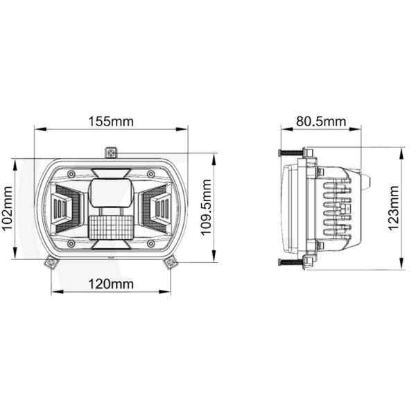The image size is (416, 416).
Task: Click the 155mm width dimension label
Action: [111, 121]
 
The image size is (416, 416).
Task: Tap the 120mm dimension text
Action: [111, 284]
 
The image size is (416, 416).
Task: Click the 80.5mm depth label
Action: [320, 121]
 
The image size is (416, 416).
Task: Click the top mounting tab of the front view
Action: [111, 152]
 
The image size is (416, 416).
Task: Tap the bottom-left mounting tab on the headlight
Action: [50, 261]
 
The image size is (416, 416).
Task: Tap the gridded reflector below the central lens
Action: [111, 227]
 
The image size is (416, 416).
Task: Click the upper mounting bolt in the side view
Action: [291, 152]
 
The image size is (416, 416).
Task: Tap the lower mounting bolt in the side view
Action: [291, 261]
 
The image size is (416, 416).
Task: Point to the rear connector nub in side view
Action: [368, 182]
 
